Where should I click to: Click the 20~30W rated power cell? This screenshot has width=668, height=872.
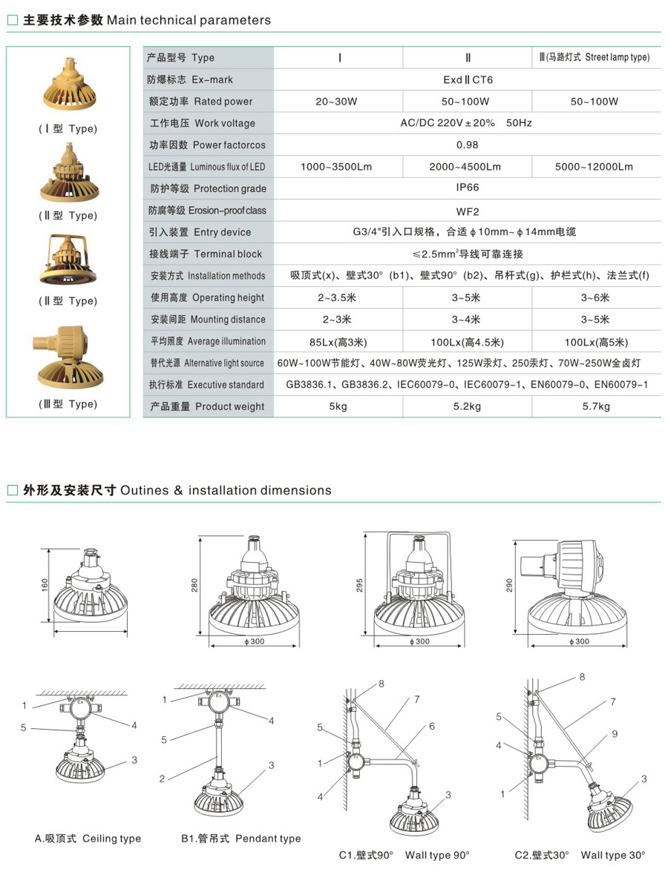coord(336,101)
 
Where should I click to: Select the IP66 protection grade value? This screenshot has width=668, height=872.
coord(468,188)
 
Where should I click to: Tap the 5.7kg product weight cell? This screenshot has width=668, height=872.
coord(596,406)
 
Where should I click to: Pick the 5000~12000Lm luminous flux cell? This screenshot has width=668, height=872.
coord(594,166)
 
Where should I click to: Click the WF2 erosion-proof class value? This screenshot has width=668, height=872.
coord(468,211)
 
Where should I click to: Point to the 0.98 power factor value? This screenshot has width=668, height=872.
coord(468,145)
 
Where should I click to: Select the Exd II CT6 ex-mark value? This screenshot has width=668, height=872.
coord(468,79)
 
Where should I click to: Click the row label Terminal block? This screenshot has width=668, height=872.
coord(206,254)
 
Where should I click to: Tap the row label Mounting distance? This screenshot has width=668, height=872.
coord(208,319)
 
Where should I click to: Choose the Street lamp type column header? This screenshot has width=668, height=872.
coord(594,56)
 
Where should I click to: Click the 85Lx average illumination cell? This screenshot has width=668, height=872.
coord(338,342)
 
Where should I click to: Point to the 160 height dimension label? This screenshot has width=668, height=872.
coord(45,584)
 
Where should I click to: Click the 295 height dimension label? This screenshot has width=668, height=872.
coord(359,585)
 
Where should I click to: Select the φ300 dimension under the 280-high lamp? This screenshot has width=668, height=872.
coord(255,641)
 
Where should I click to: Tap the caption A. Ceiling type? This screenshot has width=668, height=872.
coord(88,838)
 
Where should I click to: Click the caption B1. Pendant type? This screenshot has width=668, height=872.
coord(241,838)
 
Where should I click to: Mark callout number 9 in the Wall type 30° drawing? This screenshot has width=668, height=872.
coord(615,733)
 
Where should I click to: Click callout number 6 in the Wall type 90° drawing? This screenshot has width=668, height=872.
coord(432,726)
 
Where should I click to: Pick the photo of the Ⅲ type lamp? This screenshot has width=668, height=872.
coord(69,357)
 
